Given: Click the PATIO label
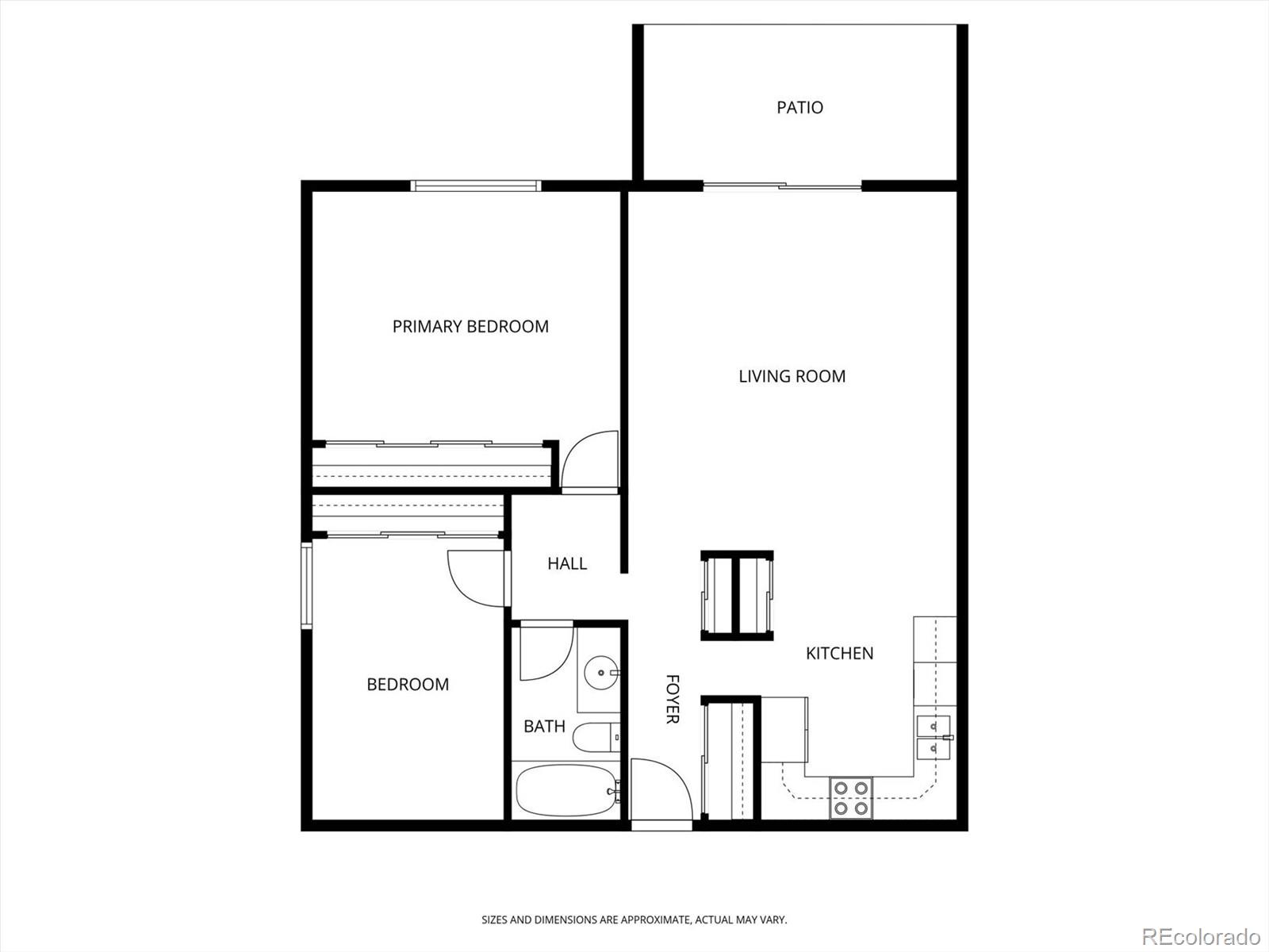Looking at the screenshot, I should [799, 107].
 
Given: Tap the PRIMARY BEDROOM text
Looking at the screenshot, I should [470, 326].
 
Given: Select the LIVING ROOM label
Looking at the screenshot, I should [792, 376].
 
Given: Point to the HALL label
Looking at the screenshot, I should [567, 563].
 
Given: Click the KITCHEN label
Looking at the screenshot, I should [839, 653].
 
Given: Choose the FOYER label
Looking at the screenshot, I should [672, 699].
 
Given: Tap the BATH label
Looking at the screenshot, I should [544, 726].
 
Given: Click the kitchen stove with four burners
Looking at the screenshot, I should [851, 798].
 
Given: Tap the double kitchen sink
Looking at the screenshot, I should [934, 737].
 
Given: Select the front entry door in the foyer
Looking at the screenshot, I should [660, 792].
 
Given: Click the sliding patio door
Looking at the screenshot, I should [782, 186].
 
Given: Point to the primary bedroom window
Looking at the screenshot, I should [476, 186].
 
